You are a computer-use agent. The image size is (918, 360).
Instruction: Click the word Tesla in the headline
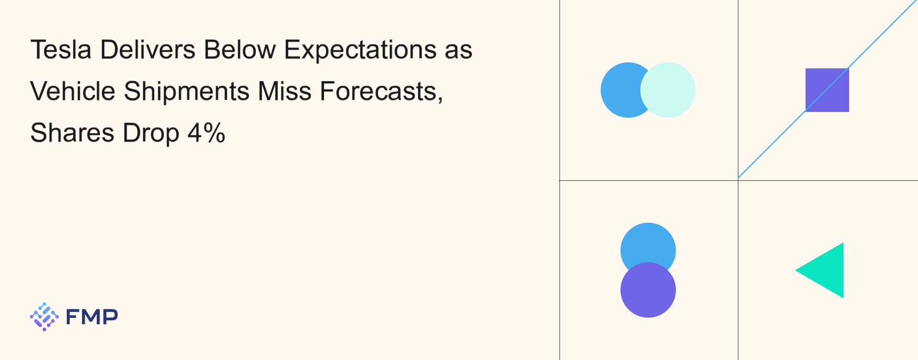coord(61,49)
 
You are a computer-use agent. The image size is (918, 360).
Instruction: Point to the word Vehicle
coord(73,91)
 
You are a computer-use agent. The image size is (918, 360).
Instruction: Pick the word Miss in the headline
coord(284,91)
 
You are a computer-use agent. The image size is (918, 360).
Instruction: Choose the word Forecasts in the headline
coord(382,91)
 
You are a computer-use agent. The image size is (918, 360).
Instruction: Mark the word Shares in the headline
coord(72,132)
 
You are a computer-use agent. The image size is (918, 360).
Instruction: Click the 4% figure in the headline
coord(206,132)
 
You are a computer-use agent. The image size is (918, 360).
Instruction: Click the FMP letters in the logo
coord(92,316)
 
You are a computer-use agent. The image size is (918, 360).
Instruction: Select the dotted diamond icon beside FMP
coord(44,316)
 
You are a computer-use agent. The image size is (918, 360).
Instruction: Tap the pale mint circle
coord(667,90)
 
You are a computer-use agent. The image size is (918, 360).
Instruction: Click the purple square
coord(827,90)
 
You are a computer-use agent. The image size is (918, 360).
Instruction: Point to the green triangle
coord(826,270)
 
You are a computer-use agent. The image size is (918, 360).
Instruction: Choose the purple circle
coord(648,290)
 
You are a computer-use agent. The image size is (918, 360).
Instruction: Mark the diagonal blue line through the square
coord(827,89)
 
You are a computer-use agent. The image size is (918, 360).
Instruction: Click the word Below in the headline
coord(239,49)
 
